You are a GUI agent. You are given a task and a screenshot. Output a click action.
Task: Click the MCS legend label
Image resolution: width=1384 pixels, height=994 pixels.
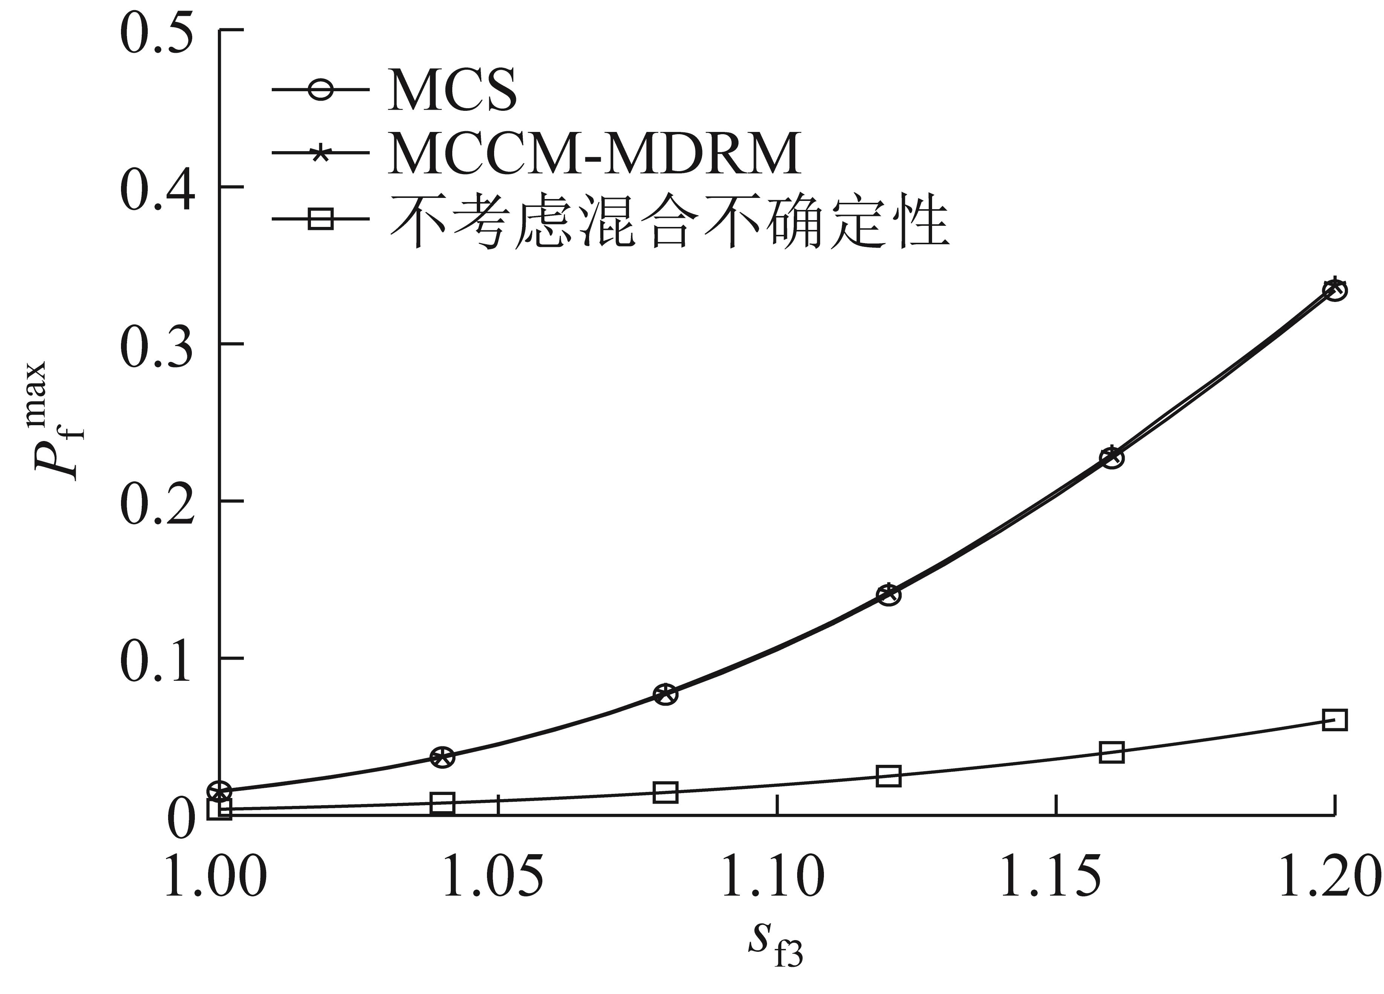[x=452, y=90]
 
